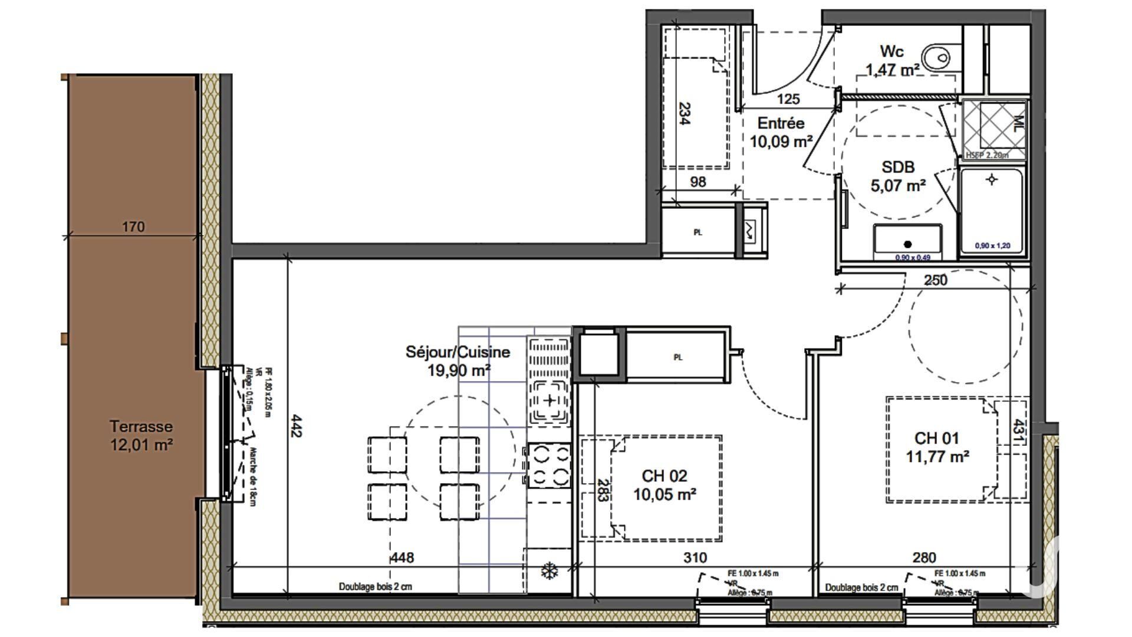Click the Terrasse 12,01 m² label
(x=141, y=435)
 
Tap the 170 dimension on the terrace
(x=133, y=227)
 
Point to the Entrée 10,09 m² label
(x=781, y=132)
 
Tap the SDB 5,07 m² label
(x=898, y=176)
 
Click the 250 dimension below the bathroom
(x=936, y=280)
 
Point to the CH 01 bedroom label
(x=937, y=446)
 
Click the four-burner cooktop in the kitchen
(x=549, y=465)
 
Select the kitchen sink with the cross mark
(x=549, y=402)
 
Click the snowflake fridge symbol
(x=549, y=570)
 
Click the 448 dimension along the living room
(x=403, y=557)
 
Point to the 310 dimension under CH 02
(x=695, y=557)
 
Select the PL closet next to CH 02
(x=677, y=357)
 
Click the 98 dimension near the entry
(x=698, y=182)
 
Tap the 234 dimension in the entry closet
(x=684, y=113)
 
